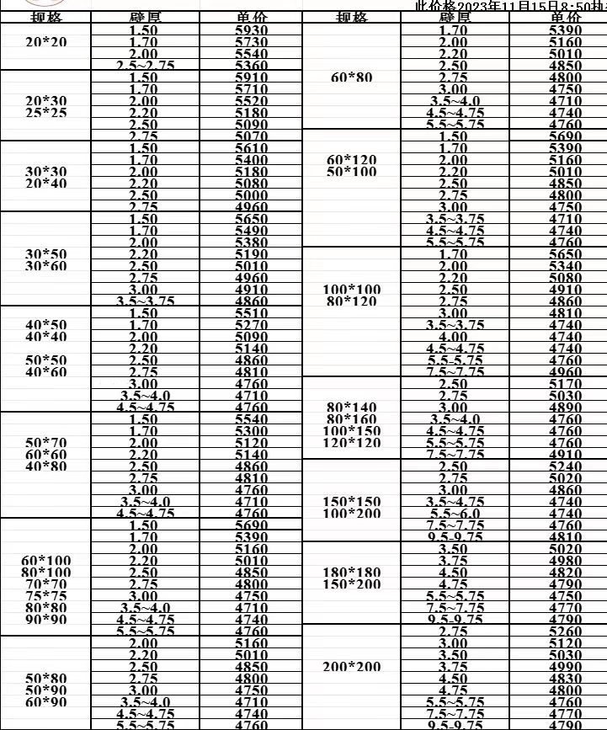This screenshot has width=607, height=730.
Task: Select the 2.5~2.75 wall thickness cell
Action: click(143, 65)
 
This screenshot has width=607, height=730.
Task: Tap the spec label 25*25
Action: click(46, 112)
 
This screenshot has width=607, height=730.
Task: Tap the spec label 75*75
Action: click(46, 595)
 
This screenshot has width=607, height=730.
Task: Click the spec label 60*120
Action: click(352, 159)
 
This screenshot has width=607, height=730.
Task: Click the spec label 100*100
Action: click(352, 289)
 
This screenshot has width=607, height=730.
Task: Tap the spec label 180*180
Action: click(352, 573)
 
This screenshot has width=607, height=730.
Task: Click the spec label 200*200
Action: click(352, 667)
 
